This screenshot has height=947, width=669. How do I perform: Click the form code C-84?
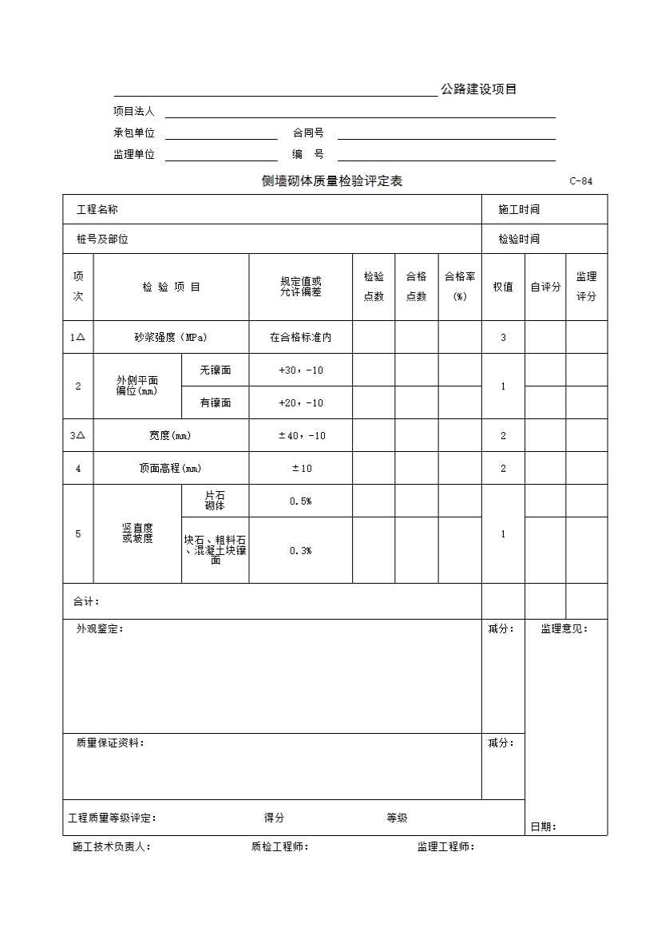point(580,181)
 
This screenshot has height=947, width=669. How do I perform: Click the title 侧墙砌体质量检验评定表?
point(332,181)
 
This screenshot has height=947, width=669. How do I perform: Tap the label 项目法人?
point(134,112)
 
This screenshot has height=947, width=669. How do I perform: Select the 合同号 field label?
point(308,133)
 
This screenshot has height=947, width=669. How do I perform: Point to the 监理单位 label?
point(134,155)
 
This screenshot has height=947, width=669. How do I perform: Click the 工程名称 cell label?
point(97,210)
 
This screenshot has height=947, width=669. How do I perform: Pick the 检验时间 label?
point(519,239)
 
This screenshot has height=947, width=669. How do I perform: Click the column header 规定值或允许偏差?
point(301,287)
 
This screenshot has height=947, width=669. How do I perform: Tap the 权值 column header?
point(503,287)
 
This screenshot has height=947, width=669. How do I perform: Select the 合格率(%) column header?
point(460,287)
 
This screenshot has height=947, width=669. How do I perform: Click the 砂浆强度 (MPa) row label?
point(171,338)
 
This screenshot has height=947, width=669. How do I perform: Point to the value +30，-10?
point(301,370)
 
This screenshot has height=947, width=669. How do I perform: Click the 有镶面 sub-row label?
point(216,403)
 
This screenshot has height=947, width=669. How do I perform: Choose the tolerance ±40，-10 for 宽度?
point(301,436)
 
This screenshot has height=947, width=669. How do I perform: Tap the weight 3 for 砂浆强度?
point(503,338)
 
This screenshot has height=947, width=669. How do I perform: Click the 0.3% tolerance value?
point(301,551)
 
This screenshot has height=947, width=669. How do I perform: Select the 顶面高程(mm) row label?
point(171,469)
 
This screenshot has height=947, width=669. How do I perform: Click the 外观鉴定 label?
point(100,629)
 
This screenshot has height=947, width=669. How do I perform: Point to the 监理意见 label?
point(564,629)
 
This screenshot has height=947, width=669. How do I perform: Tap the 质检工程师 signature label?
point(279,847)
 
